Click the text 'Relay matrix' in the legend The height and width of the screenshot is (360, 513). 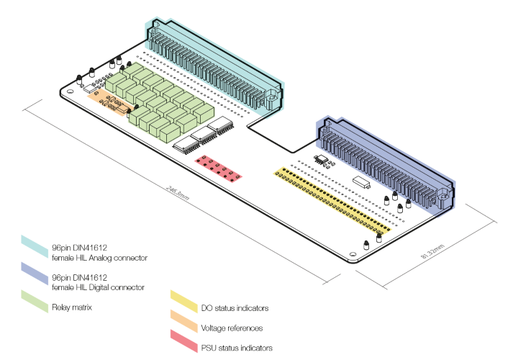point(73,308)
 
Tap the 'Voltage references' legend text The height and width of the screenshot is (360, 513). point(227,328)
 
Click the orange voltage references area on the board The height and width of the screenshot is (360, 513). point(112,102)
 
